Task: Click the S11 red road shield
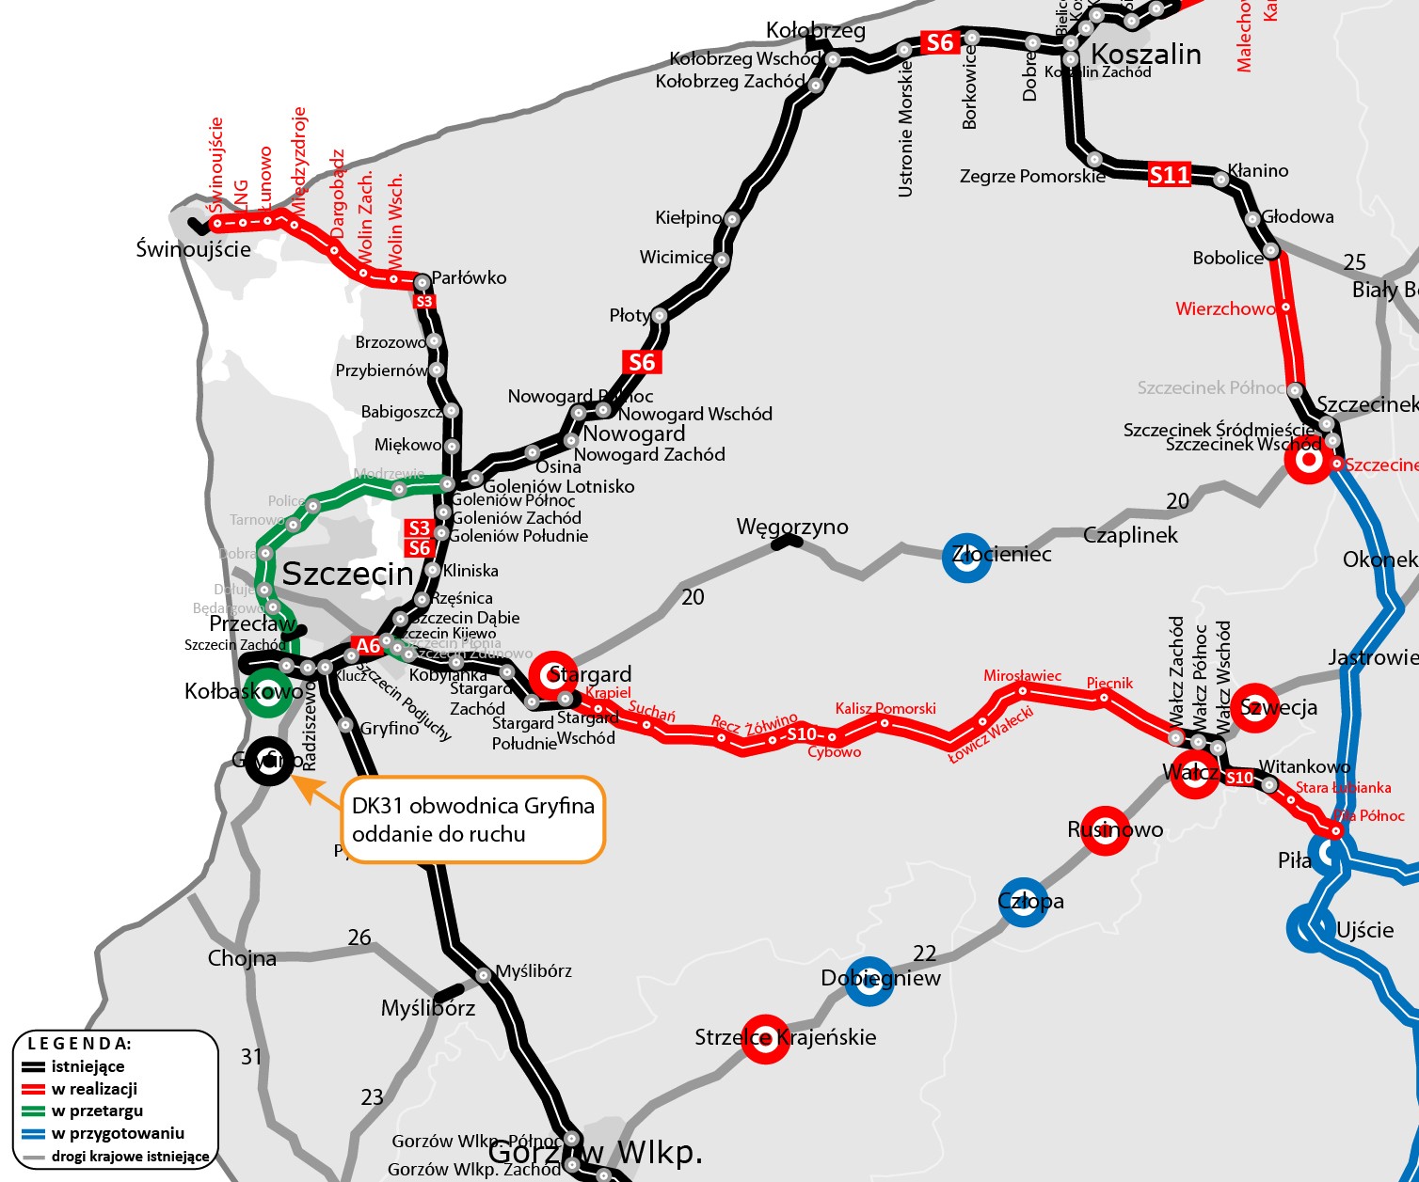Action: click(x=1170, y=174)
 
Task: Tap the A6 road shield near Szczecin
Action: click(x=368, y=646)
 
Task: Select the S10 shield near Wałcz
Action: click(x=1239, y=778)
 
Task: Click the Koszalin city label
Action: click(x=1145, y=55)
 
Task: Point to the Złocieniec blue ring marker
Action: click(x=966, y=557)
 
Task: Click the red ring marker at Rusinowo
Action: click(x=1104, y=830)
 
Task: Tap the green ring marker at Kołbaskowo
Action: click(x=267, y=693)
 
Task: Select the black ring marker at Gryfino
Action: click(x=269, y=760)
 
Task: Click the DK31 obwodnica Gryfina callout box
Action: click(x=472, y=819)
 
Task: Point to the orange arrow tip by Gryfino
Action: click(x=295, y=777)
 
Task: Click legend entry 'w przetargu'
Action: click(x=97, y=1111)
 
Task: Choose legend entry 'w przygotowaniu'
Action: click(x=118, y=1133)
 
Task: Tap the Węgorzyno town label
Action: click(x=792, y=527)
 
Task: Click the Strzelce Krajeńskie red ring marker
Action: click(x=765, y=1039)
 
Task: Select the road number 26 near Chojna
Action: click(x=359, y=938)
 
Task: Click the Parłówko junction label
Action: click(x=469, y=277)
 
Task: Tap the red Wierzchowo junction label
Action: click(x=1224, y=308)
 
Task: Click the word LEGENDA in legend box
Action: click(x=79, y=1044)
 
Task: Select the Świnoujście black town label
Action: click(x=193, y=249)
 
